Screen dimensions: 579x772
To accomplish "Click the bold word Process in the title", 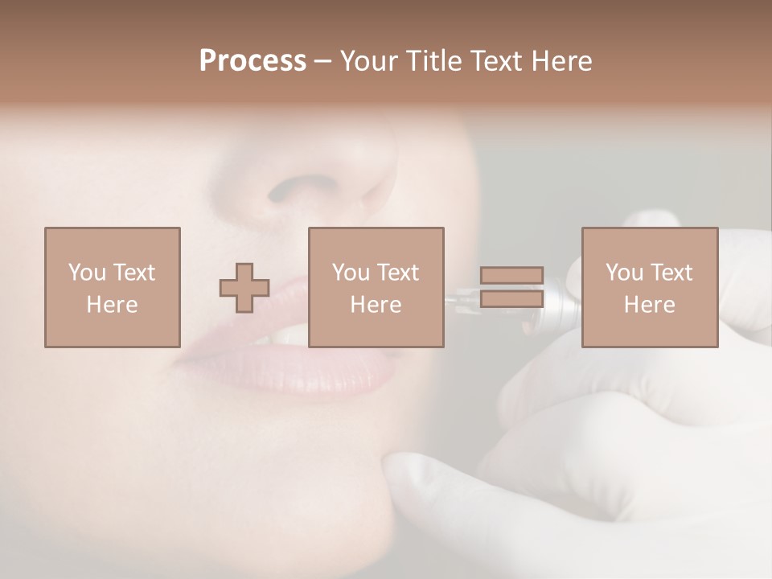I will point(253,61).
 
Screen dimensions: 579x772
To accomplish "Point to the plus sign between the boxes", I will point(244,288).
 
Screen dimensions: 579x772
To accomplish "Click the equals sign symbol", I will point(511,287).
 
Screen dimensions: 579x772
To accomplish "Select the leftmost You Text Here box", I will point(113,287).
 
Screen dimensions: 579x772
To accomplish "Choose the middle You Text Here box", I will point(376,287).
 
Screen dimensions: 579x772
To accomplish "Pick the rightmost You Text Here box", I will point(650,287).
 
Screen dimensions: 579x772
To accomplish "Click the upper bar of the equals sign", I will point(511,276).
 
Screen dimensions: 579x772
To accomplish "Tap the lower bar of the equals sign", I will point(511,298).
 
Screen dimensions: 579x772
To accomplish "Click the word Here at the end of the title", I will point(561,61).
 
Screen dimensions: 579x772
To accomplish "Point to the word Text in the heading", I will point(495,61).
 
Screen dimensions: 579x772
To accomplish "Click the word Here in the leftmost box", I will point(113,305).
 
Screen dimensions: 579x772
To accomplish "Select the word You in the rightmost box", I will point(624,273).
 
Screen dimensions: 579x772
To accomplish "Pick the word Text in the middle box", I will point(398,273).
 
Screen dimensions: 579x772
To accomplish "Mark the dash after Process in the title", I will point(323,61).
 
